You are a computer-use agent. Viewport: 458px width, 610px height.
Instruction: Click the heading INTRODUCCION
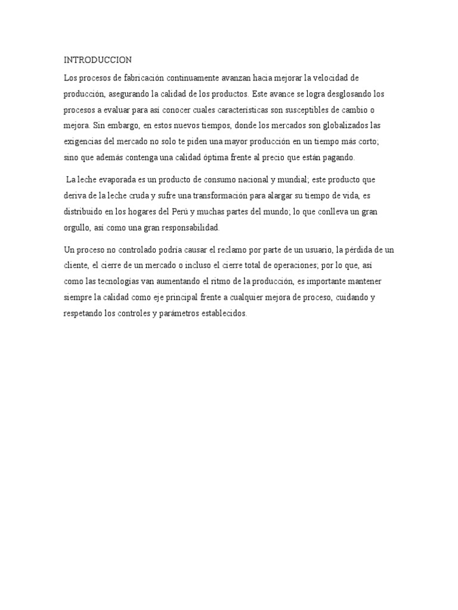click(98, 60)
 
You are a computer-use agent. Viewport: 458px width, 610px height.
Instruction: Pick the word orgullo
click(78, 227)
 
